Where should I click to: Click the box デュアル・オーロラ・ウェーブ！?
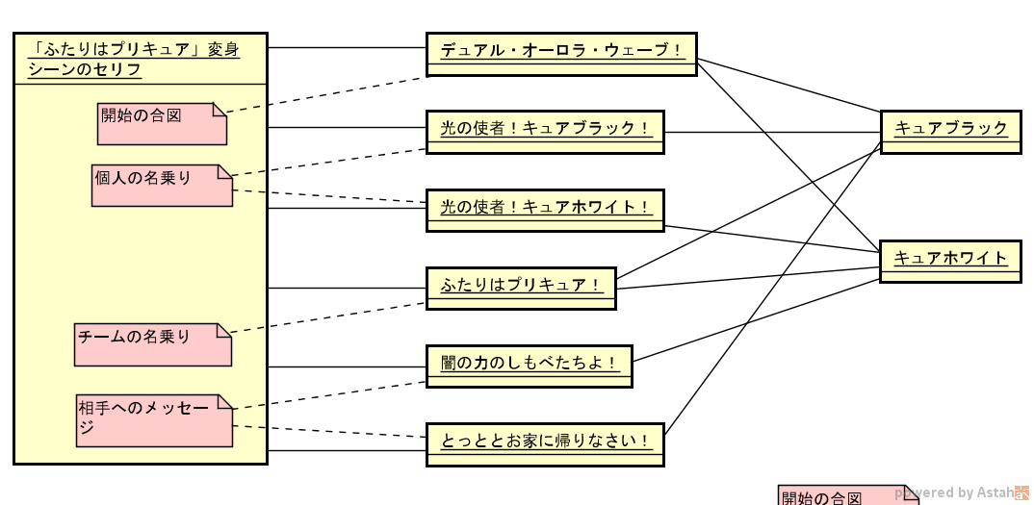point(560,54)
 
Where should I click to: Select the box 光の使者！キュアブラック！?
point(545,132)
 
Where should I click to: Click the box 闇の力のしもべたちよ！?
point(529,366)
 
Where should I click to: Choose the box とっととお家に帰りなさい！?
point(545,444)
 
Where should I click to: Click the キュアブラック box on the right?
point(949,132)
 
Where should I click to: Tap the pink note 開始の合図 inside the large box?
point(161,124)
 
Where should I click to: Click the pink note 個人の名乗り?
point(161,186)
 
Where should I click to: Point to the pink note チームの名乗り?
point(152,344)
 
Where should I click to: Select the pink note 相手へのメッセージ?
point(153,420)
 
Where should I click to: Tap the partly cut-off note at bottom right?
point(847,496)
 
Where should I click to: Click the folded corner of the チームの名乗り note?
point(224,330)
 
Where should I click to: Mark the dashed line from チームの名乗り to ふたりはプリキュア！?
point(327,317)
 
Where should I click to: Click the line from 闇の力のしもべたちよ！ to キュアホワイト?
point(756,320)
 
